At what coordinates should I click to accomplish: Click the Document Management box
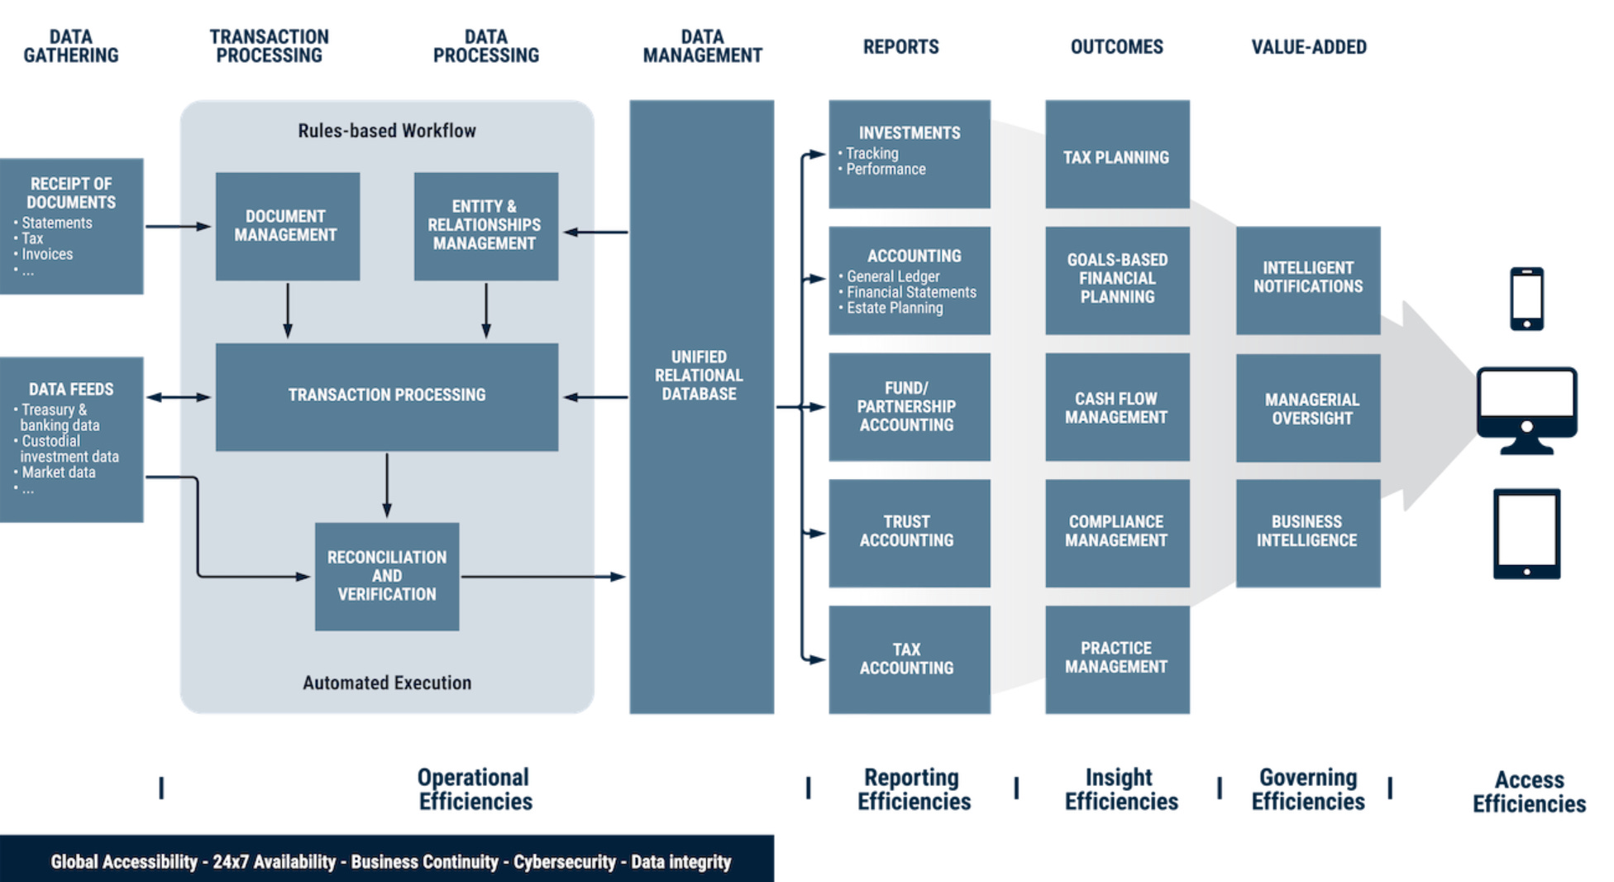click(x=287, y=226)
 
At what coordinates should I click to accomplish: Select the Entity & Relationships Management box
click(x=485, y=226)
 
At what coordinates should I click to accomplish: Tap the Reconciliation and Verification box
click(x=386, y=576)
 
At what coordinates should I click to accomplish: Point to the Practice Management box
click(x=1116, y=659)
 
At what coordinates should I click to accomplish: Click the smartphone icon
click(x=1526, y=299)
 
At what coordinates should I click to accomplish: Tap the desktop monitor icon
click(x=1526, y=410)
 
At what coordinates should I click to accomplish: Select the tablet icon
click(x=1526, y=534)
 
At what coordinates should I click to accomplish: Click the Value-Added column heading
click(x=1308, y=47)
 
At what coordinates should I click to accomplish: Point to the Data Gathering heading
click(x=71, y=46)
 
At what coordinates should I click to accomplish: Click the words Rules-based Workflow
click(x=386, y=131)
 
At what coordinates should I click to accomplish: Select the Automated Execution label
click(x=386, y=683)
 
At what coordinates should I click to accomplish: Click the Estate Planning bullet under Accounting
click(x=894, y=308)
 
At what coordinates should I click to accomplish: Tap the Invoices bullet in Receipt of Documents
click(x=47, y=254)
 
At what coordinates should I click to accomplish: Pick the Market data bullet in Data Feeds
click(x=58, y=472)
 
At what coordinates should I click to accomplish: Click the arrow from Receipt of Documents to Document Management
click(x=178, y=226)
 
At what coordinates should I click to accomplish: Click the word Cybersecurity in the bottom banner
click(x=564, y=861)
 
